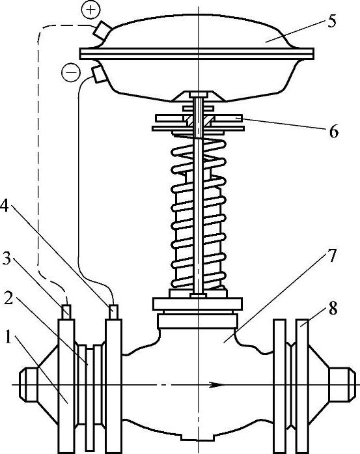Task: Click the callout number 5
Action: pos(331,22)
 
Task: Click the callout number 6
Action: pos(333,132)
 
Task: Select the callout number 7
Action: pos(332,256)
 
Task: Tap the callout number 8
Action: pos(333,308)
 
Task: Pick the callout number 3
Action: pos(7,259)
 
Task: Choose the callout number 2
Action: pos(8,298)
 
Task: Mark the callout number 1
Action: pos(9,338)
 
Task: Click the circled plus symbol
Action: pos(90,10)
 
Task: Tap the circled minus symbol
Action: pos(71,72)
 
